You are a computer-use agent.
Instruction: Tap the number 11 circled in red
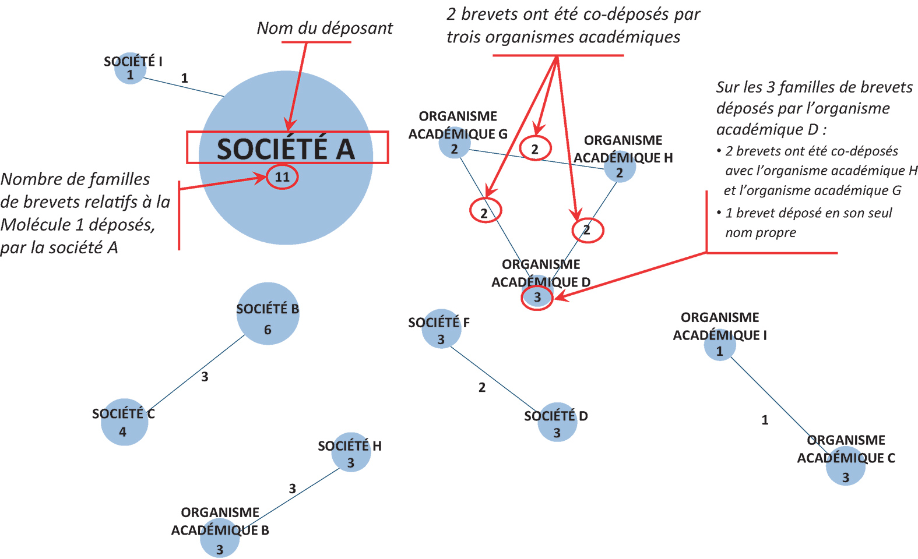[x=282, y=177]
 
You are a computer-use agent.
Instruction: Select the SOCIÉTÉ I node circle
[x=131, y=68]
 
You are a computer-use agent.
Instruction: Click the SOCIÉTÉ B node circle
[x=268, y=313]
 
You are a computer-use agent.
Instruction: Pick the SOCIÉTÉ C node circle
[x=124, y=422]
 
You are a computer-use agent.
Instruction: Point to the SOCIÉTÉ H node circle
[x=351, y=452]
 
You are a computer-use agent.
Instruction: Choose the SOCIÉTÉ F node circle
[x=441, y=328]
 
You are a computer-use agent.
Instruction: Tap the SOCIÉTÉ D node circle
[x=557, y=422]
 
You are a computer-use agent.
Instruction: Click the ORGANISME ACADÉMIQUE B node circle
[x=220, y=537]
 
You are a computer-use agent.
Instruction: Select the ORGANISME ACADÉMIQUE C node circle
[x=846, y=466]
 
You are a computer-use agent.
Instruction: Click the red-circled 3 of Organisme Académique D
[x=537, y=298]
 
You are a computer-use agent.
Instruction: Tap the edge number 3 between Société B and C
[x=205, y=376]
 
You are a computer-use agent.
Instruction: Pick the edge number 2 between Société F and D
[x=482, y=387]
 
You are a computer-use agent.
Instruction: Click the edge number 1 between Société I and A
[x=184, y=78]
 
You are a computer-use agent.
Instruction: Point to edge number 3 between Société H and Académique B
[x=292, y=488]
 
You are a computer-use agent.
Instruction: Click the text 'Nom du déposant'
[x=325, y=28]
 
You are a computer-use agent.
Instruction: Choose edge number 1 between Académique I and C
[x=765, y=420]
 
